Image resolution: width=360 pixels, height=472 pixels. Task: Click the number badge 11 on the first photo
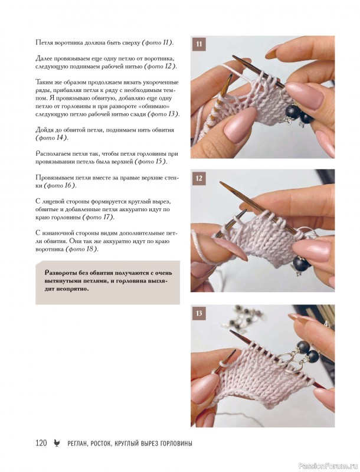199,44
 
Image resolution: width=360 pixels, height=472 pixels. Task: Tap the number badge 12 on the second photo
199,178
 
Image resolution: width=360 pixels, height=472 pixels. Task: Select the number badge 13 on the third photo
199,313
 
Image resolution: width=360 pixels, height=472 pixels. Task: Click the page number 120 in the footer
41,443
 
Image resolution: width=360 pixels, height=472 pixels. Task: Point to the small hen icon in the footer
57,443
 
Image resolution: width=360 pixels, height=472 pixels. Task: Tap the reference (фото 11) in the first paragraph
158,42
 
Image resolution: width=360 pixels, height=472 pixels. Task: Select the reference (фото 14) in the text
52,138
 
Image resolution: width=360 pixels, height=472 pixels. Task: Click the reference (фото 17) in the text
99,217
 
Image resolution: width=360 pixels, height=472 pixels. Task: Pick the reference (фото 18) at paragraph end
82,249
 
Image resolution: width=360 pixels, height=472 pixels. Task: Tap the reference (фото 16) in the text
60,185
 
